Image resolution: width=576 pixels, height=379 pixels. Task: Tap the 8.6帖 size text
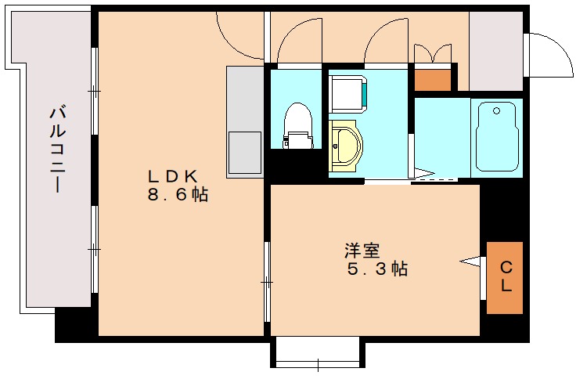[x=178, y=195]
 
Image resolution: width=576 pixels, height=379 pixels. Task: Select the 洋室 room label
[x=362, y=251]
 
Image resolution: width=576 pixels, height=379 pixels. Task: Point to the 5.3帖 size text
[x=377, y=269]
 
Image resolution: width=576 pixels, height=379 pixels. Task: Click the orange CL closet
[x=505, y=277]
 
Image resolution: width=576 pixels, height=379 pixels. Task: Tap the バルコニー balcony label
[x=56, y=149]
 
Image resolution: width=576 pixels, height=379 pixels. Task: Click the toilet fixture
[x=297, y=125]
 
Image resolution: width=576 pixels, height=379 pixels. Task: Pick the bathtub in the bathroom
[x=496, y=136]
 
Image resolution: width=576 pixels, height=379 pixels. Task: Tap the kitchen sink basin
[x=244, y=153]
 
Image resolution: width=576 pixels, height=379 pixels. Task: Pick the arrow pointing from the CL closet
[x=470, y=261]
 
